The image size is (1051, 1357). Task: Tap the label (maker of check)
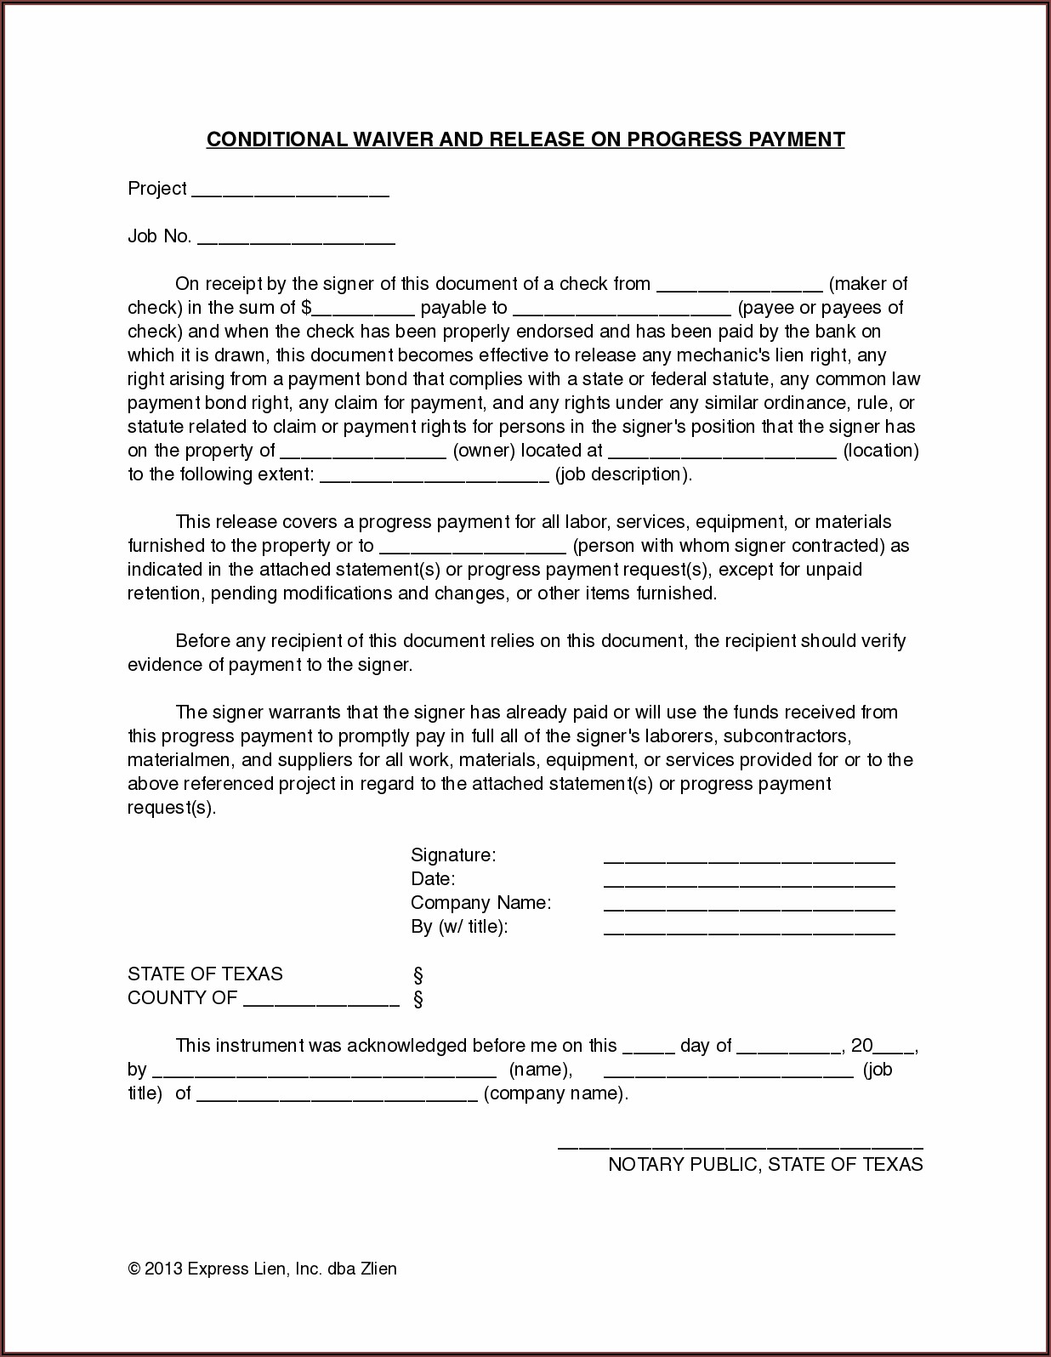click(x=867, y=284)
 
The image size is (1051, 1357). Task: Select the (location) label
click(x=881, y=451)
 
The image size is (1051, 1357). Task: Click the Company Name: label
click(x=480, y=903)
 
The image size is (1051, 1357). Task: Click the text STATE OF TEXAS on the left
click(x=205, y=974)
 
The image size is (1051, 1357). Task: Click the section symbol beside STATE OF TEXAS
click(x=418, y=975)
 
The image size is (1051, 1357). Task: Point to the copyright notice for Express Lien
click(x=262, y=1269)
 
